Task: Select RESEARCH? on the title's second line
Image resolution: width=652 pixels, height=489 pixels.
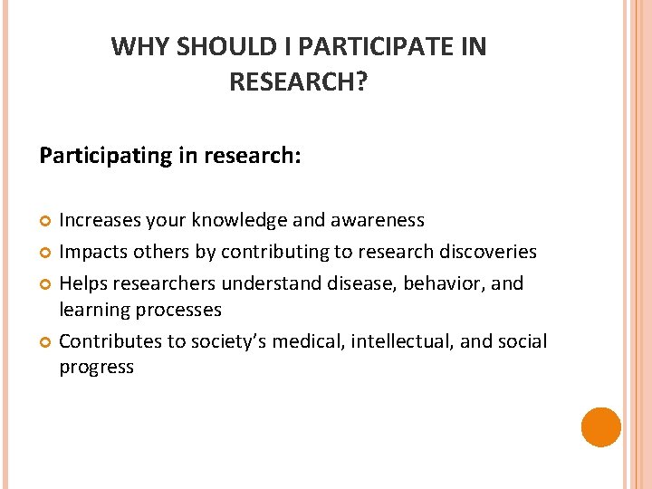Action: tap(298, 82)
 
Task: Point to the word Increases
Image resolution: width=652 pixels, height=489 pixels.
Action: tap(101, 220)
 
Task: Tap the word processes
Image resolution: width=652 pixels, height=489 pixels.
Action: tap(177, 310)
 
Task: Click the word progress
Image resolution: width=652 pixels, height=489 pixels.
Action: tap(96, 368)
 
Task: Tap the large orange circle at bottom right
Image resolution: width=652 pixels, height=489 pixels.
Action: tap(600, 427)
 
